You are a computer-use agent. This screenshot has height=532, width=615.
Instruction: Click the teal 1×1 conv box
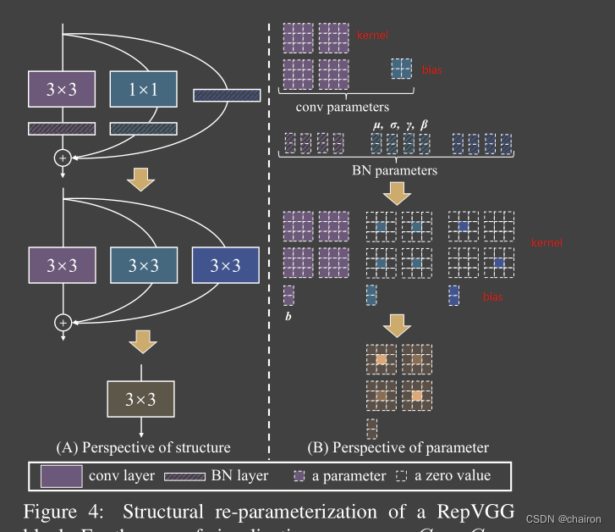(x=143, y=89)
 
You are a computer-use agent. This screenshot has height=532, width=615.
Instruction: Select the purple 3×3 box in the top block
(x=62, y=89)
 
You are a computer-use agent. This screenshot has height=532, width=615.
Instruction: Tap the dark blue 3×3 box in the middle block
(x=224, y=265)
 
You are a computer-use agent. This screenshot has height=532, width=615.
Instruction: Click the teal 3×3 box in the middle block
(x=143, y=265)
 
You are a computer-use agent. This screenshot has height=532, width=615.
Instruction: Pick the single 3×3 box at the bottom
(x=142, y=397)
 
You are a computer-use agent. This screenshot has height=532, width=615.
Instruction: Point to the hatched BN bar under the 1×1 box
(x=143, y=129)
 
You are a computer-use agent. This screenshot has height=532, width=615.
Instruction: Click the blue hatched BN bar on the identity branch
(x=227, y=96)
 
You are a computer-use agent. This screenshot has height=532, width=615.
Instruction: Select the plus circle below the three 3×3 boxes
(x=61, y=322)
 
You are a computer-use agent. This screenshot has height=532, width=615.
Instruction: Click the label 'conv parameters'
(x=342, y=108)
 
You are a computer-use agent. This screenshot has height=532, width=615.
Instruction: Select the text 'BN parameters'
(x=394, y=169)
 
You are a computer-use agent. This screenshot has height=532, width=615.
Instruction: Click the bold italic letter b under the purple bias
(x=288, y=316)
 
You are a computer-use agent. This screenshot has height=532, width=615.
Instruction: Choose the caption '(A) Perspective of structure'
(x=142, y=446)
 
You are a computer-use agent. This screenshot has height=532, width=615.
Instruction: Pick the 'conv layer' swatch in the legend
(x=61, y=476)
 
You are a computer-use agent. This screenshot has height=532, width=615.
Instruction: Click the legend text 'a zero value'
(x=452, y=476)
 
